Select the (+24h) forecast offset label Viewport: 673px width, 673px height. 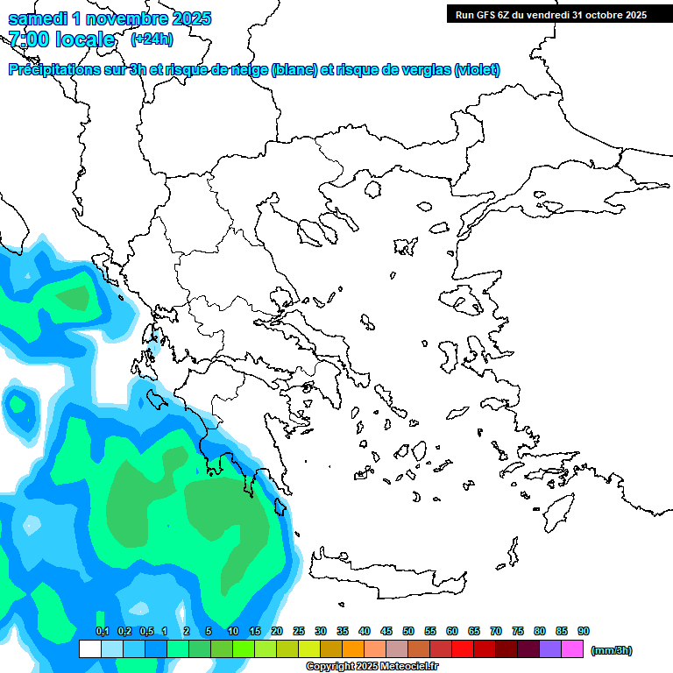point(152,39)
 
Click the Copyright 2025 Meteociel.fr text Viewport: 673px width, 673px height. point(372,666)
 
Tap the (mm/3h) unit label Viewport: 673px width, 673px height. point(611,650)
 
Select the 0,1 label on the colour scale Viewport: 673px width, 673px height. point(102,632)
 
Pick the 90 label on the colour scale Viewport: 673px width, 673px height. point(584,632)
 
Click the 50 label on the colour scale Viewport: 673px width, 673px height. point(408,632)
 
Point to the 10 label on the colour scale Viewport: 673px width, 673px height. point(233,632)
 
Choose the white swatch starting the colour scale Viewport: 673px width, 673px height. point(89,649)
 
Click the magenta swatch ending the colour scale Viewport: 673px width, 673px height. point(572,649)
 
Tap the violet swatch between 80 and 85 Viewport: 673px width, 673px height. point(550,649)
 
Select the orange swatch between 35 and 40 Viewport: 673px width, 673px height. point(353,649)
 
